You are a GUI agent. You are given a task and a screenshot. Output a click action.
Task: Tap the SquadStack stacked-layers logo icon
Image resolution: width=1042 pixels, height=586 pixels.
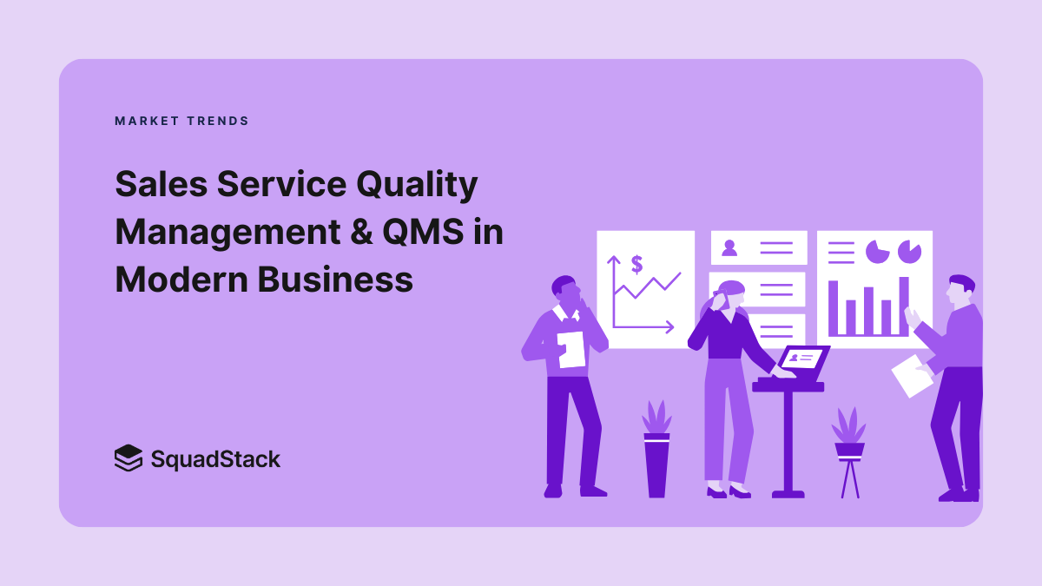coord(128,458)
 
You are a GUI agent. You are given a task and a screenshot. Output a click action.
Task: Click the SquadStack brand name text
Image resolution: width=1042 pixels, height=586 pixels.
coord(215,458)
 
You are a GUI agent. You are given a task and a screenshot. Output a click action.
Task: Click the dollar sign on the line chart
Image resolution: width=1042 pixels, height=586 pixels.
coord(636,263)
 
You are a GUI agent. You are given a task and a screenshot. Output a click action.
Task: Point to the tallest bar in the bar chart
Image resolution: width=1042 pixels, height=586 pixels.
coord(903,306)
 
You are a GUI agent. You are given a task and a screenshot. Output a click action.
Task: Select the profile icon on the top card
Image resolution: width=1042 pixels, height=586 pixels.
coord(729,247)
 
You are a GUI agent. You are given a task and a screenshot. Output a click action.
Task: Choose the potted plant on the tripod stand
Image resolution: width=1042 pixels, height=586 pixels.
coord(849,434)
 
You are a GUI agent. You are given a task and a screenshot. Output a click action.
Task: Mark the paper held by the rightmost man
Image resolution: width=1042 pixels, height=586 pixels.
coord(911,375)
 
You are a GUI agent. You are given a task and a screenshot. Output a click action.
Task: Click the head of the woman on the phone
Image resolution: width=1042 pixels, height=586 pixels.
coord(730,293)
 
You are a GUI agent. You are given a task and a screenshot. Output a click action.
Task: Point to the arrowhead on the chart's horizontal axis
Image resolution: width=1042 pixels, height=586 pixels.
coord(669,327)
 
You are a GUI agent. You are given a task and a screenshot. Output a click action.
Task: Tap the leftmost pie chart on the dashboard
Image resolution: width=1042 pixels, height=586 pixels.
coord(878,252)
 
